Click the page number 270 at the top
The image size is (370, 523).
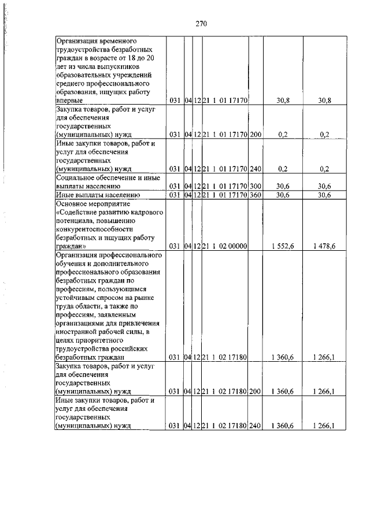tap(201, 24)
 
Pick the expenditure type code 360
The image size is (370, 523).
tap(256, 195)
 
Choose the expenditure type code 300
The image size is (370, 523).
tap(256, 186)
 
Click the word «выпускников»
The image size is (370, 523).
tap(127, 66)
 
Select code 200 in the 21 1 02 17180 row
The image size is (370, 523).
tap(256, 391)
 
